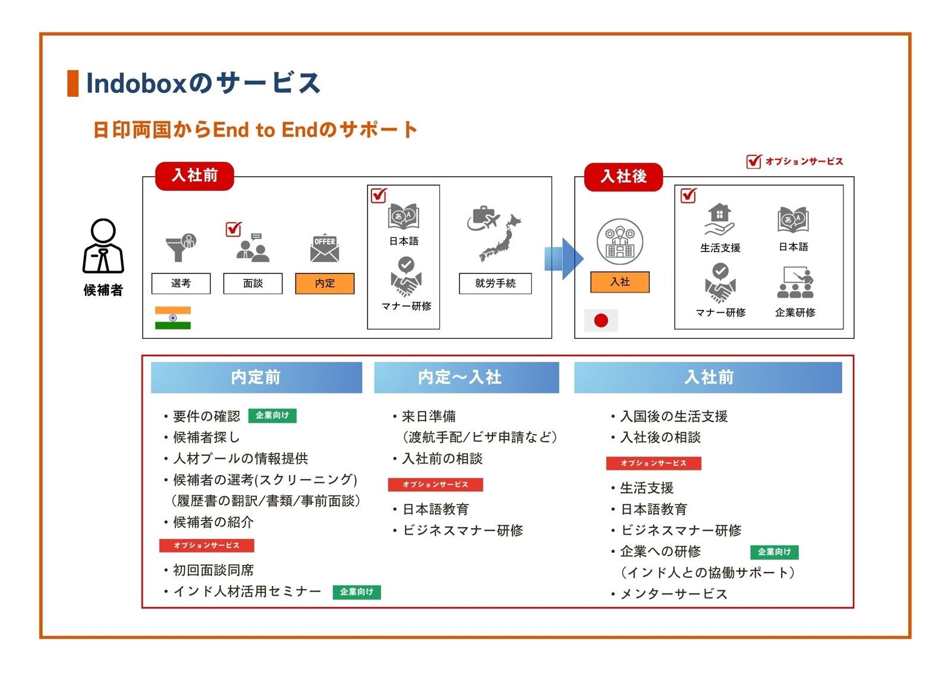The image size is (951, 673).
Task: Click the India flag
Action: coord(173,317)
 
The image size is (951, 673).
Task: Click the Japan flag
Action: coord(601,320)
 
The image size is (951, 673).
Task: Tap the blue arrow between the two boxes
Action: coord(564,259)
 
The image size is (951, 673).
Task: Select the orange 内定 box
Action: coord(325,283)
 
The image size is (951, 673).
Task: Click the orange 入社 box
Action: coord(620,282)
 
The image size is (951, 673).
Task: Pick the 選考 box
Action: coord(181,283)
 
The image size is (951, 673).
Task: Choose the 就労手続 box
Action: coord(495,283)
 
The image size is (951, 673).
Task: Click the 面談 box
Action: coord(253,283)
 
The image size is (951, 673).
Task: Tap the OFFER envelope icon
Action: coord(325,248)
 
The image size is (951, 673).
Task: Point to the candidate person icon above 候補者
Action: coord(103,246)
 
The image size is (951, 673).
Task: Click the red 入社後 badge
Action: coord(623,177)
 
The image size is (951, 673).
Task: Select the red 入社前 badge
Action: coord(194,176)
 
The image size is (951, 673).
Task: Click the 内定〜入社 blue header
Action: coord(466,377)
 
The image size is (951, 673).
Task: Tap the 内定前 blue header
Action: coord(256,377)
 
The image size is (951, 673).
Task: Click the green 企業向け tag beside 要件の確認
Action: coord(272,415)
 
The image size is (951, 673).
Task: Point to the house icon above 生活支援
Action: coord(719,219)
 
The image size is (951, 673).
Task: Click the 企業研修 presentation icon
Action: coord(795,282)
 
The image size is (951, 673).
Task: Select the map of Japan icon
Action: coord(500,238)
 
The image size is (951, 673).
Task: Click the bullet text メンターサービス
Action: coord(674,593)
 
